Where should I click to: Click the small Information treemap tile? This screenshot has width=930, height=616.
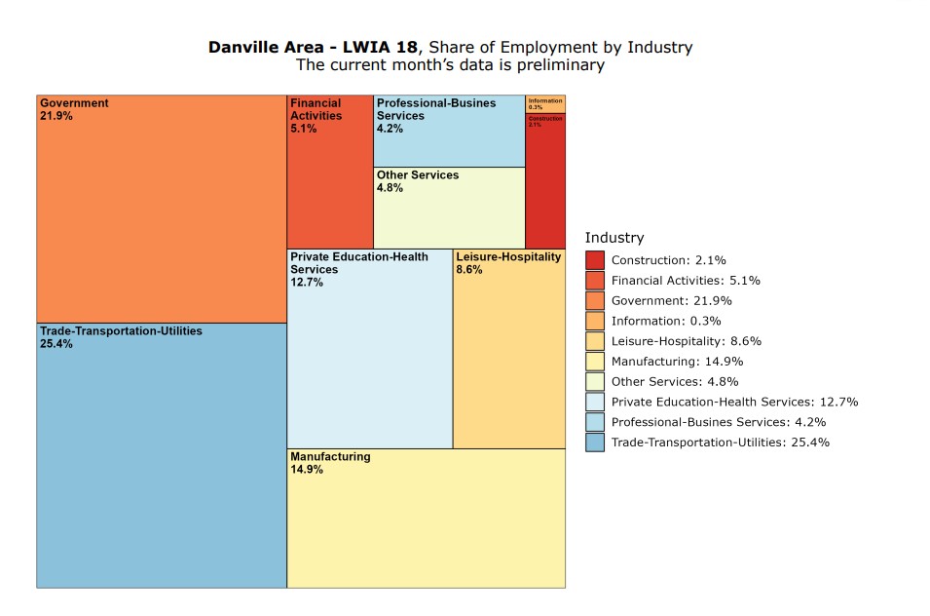[x=544, y=103]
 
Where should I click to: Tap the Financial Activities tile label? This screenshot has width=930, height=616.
[x=316, y=109]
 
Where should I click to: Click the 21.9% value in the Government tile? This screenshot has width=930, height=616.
[x=56, y=116]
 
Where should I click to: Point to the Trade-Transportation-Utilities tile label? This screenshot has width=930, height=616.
[x=121, y=331]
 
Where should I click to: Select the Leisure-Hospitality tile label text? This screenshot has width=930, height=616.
[x=508, y=257]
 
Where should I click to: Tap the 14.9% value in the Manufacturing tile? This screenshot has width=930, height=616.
[x=307, y=469]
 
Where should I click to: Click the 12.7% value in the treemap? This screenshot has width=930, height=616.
[x=307, y=283]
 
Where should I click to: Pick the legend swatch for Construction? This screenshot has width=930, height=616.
[x=595, y=260]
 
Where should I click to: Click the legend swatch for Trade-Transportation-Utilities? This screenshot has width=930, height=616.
[x=595, y=443]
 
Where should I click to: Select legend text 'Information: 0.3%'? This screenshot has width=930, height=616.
[x=666, y=321]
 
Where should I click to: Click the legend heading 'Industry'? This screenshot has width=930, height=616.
[x=614, y=238]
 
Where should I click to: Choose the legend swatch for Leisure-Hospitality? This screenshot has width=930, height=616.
[x=595, y=341]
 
